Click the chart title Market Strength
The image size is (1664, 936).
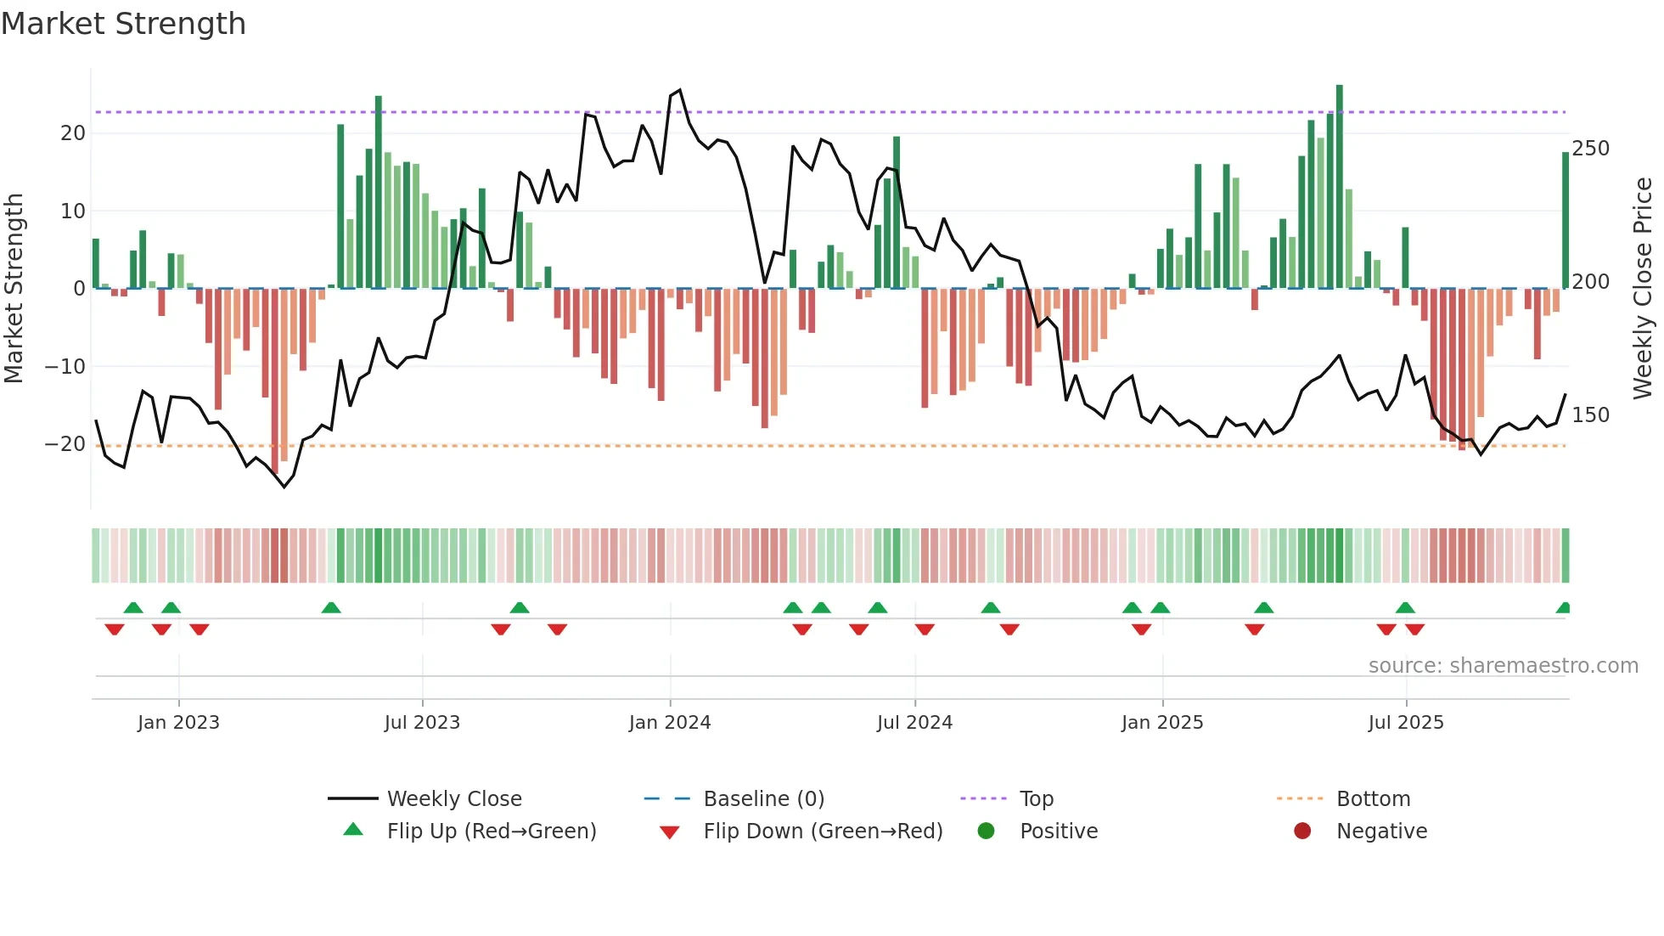123,24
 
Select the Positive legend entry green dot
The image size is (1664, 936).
986,831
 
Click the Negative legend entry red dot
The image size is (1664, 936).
1302,831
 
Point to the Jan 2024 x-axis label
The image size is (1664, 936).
670,723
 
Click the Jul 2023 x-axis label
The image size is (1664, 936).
422,723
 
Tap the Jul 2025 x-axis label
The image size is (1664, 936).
1406,723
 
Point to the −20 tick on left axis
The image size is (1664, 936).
65,444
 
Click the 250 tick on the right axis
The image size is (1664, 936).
1590,149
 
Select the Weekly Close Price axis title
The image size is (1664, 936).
1644,288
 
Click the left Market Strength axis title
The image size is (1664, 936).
14,288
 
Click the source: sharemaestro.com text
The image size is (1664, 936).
1503,666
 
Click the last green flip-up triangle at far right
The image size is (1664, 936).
1564,607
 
